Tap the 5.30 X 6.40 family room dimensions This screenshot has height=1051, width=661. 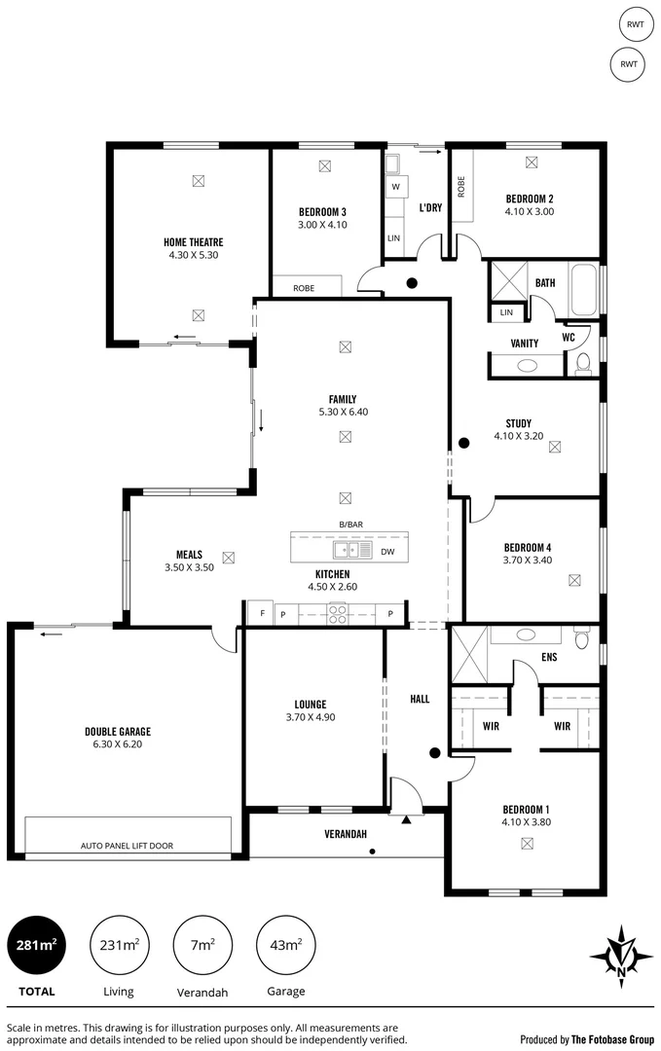[x=343, y=412]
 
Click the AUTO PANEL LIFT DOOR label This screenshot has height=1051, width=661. [x=127, y=846]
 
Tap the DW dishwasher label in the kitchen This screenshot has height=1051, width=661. [x=387, y=551]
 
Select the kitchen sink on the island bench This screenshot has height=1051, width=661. [x=352, y=551]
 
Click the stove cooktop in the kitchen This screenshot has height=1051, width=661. [x=338, y=613]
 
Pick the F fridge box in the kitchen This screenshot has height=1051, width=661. [x=260, y=613]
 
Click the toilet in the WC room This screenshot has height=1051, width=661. [x=583, y=363]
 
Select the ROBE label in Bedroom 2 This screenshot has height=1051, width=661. [x=461, y=185]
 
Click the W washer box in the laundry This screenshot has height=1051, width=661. [x=395, y=186]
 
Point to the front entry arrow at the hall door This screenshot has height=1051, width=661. [x=406, y=818]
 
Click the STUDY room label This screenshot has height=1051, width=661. [x=518, y=423]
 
